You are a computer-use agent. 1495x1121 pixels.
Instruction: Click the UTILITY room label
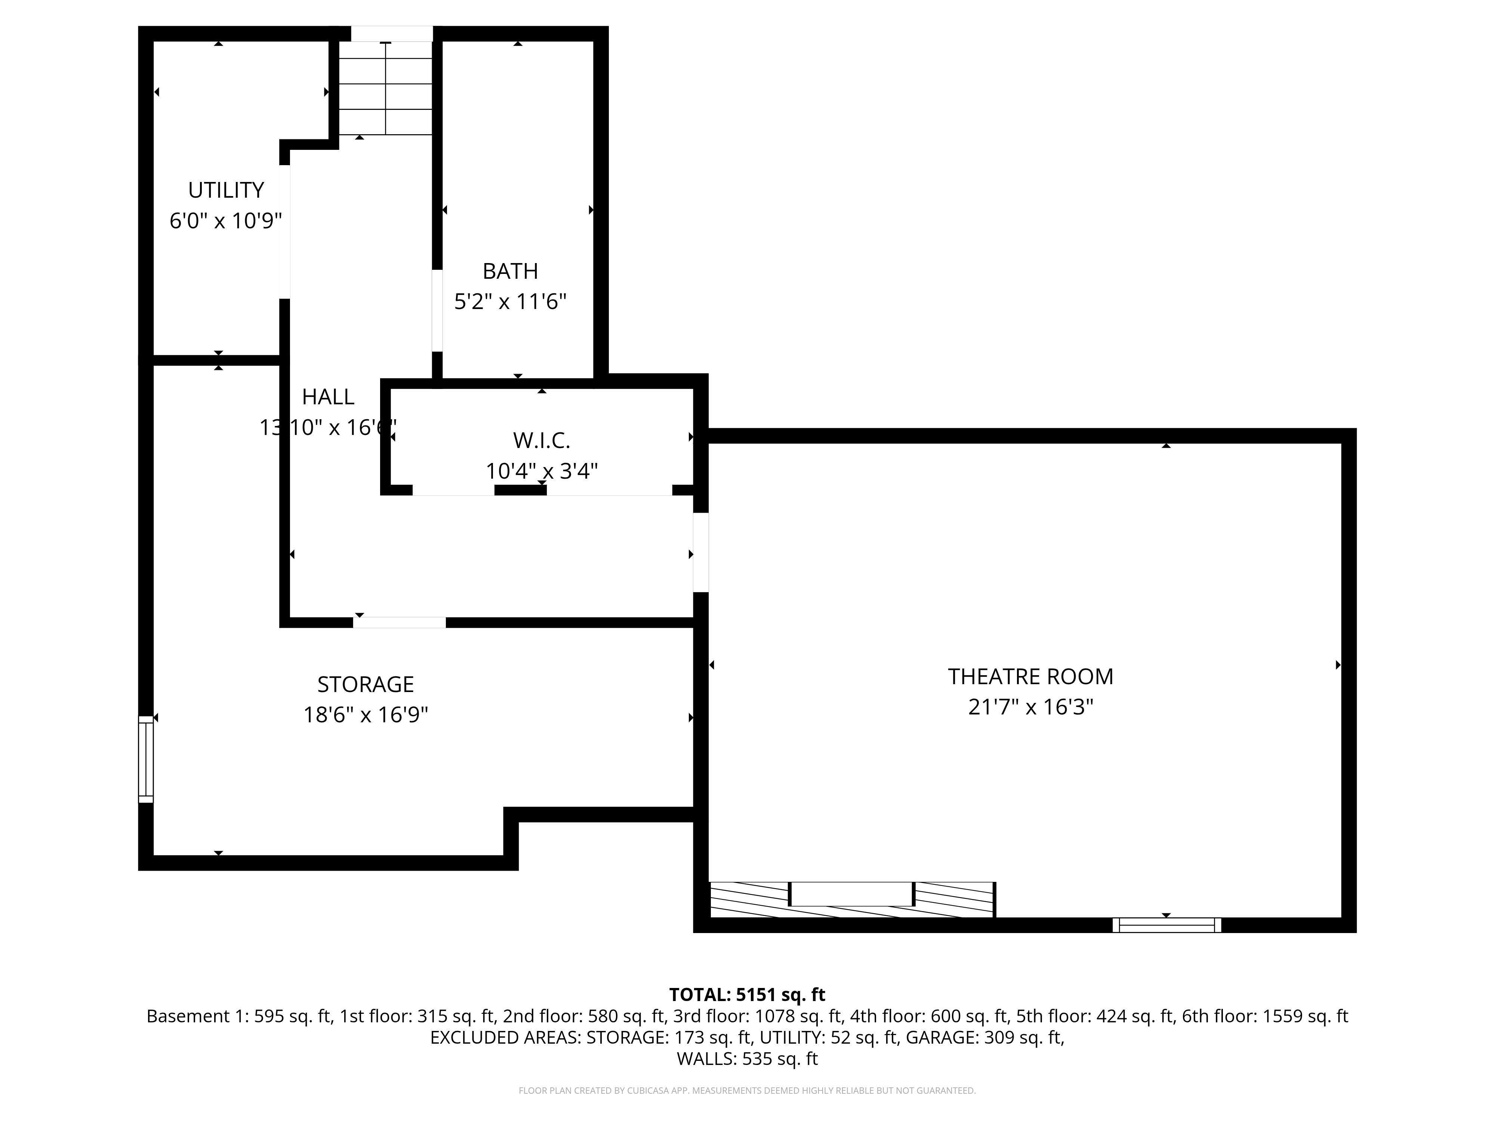pos(226,191)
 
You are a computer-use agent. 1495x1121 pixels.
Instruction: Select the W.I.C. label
pos(541,441)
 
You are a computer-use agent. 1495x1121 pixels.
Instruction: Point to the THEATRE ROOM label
pos(1030,676)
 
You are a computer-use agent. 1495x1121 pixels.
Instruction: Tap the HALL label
pos(328,396)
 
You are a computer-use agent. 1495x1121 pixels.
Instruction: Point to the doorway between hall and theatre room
pos(701,553)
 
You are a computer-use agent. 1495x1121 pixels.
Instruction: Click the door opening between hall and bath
pos(437,311)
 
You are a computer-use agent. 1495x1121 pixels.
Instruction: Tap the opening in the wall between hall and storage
pos(400,622)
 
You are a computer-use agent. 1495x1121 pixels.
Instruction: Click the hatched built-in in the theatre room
pos(851,900)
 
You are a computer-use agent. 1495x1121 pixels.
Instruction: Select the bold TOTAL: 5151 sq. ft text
pos(747,995)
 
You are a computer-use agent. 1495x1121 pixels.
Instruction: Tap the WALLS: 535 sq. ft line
pos(747,1059)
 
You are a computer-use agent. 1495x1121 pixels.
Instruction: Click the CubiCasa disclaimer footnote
pos(747,1091)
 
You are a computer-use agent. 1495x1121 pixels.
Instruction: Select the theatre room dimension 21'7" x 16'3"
pos(1030,707)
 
